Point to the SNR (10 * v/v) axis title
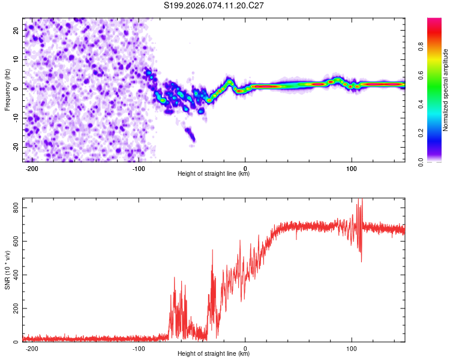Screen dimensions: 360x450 pyautogui.click(x=8, y=270)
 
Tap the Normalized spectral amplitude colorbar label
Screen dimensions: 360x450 pyautogui.click(x=445, y=90)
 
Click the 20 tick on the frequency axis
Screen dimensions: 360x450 pyautogui.click(x=16, y=31)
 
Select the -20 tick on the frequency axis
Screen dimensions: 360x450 pyautogui.click(x=15, y=146)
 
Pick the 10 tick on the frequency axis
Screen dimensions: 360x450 pyautogui.click(x=16, y=60)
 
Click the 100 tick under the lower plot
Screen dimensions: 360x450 pyautogui.click(x=352, y=349)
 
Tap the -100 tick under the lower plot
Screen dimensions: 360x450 pyautogui.click(x=139, y=349)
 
